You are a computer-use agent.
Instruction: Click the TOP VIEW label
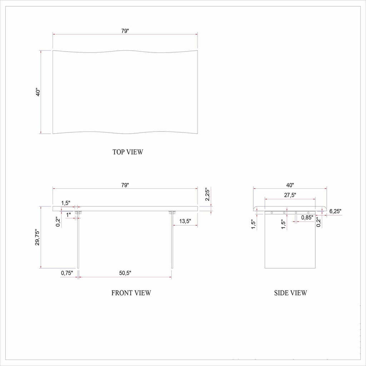pyautogui.click(x=128, y=152)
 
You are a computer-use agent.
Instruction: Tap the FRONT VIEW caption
pyautogui.click(x=131, y=293)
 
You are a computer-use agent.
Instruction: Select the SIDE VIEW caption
pyautogui.click(x=290, y=293)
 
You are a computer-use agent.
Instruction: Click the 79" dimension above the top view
pyautogui.click(x=125, y=31)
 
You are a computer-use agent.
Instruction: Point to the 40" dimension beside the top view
pyautogui.click(x=38, y=92)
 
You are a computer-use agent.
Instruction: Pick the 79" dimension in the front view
pyautogui.click(x=125, y=185)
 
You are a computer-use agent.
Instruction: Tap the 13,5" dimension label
pyautogui.click(x=185, y=221)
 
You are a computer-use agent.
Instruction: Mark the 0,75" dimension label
pyautogui.click(x=66, y=273)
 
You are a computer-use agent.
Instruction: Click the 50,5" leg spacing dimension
pyautogui.click(x=125, y=273)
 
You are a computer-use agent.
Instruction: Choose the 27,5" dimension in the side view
pyautogui.click(x=290, y=196)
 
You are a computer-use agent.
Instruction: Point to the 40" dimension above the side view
pyautogui.click(x=290, y=185)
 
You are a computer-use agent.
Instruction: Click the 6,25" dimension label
pyautogui.click(x=335, y=211)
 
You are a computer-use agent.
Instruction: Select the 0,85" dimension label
pyautogui.click(x=307, y=217)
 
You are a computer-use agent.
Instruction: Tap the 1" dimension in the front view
pyautogui.click(x=69, y=214)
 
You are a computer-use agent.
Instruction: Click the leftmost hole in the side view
pyautogui.click(x=272, y=213)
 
